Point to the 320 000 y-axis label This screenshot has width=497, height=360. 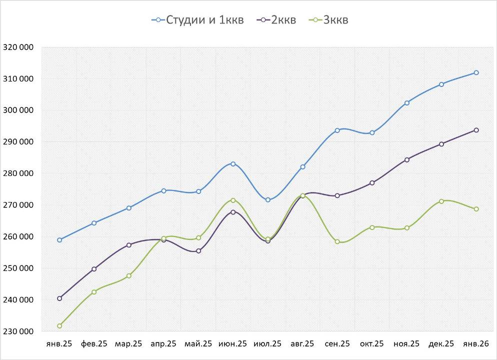click(18, 47)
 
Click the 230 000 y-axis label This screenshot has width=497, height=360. click(18, 331)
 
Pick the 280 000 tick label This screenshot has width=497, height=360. click(18, 173)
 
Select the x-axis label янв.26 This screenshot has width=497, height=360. click(476, 344)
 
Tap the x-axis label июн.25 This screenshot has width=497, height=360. click(233, 344)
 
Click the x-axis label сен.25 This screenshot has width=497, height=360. click(337, 344)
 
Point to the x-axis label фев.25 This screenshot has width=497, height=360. click(94, 344)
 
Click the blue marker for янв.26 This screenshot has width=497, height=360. click(476, 72)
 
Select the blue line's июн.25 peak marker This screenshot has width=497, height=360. click(233, 164)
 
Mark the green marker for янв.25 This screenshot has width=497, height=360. click(59, 326)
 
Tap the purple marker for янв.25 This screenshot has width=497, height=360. click(59, 298)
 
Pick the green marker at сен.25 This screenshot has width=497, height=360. click(337, 242)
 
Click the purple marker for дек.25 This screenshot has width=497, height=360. click(441, 144)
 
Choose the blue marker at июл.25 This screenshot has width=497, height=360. click(268, 200)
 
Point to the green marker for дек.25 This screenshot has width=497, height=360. click(441, 201)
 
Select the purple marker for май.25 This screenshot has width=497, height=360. click(198, 251)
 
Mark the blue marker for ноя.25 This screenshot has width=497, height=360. click(407, 103)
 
